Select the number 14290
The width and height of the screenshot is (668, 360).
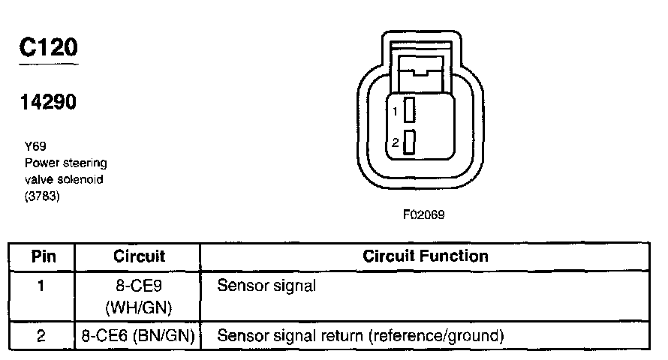tap(48, 102)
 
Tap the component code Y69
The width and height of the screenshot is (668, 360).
tap(35, 148)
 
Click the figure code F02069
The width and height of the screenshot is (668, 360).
tap(424, 214)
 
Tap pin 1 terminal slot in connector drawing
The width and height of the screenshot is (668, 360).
tap(409, 111)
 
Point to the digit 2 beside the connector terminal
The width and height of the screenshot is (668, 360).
tap(395, 142)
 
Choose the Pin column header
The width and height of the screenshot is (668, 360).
tap(43, 256)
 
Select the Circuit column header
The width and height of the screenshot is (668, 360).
tap(139, 256)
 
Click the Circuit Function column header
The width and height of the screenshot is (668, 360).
tap(426, 256)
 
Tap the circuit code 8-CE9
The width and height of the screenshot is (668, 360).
tap(139, 286)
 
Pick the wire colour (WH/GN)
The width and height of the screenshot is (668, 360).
tap(139, 307)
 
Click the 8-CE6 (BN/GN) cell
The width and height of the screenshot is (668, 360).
tap(139, 335)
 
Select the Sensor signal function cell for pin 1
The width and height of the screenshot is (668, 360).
tap(266, 286)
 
